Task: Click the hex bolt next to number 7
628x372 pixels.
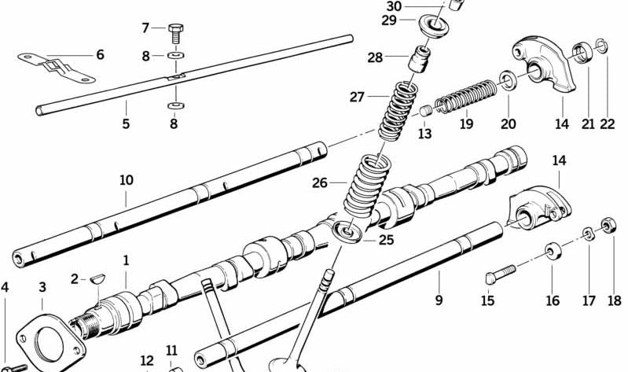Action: coord(174,33)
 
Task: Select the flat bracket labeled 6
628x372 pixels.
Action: coord(55,67)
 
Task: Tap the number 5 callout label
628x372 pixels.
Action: coord(126,124)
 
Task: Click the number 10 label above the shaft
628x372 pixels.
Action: coord(126,180)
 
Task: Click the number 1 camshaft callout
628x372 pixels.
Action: coord(125,260)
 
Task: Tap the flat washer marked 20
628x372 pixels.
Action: coord(509,80)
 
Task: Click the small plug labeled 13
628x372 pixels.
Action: coord(425,111)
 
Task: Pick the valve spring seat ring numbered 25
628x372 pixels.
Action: coord(346,232)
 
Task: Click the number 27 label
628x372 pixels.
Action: coord(358,98)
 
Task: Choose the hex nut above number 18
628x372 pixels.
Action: coord(609,227)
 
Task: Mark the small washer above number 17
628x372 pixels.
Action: coord(588,234)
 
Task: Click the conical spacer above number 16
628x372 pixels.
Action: coord(553,252)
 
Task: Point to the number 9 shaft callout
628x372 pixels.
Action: coord(439,300)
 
